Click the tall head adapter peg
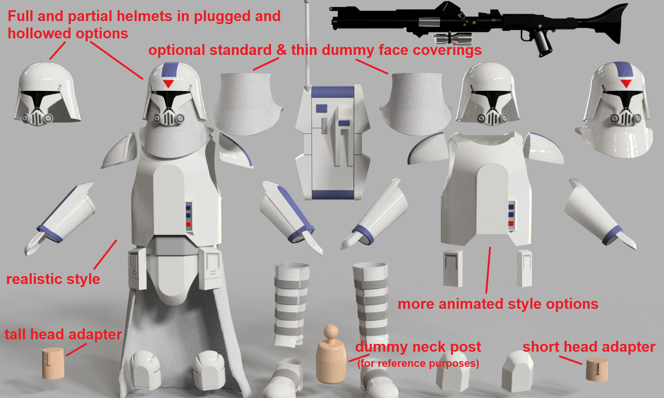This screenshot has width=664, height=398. (x=52, y=363)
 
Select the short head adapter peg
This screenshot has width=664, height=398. (x=597, y=369)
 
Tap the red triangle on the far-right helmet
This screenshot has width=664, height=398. (x=626, y=83)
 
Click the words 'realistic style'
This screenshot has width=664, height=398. (x=53, y=279)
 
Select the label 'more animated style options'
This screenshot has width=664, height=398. (x=498, y=304)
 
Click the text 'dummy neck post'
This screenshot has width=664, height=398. (x=418, y=347)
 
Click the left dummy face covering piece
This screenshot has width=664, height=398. (x=246, y=103)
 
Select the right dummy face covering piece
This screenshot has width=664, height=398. (x=416, y=103)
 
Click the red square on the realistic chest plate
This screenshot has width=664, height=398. (x=188, y=224)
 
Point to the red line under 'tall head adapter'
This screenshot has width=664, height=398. (x=76, y=349)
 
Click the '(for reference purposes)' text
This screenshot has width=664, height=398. (x=418, y=363)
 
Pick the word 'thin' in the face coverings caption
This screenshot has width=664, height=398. (x=304, y=50)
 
